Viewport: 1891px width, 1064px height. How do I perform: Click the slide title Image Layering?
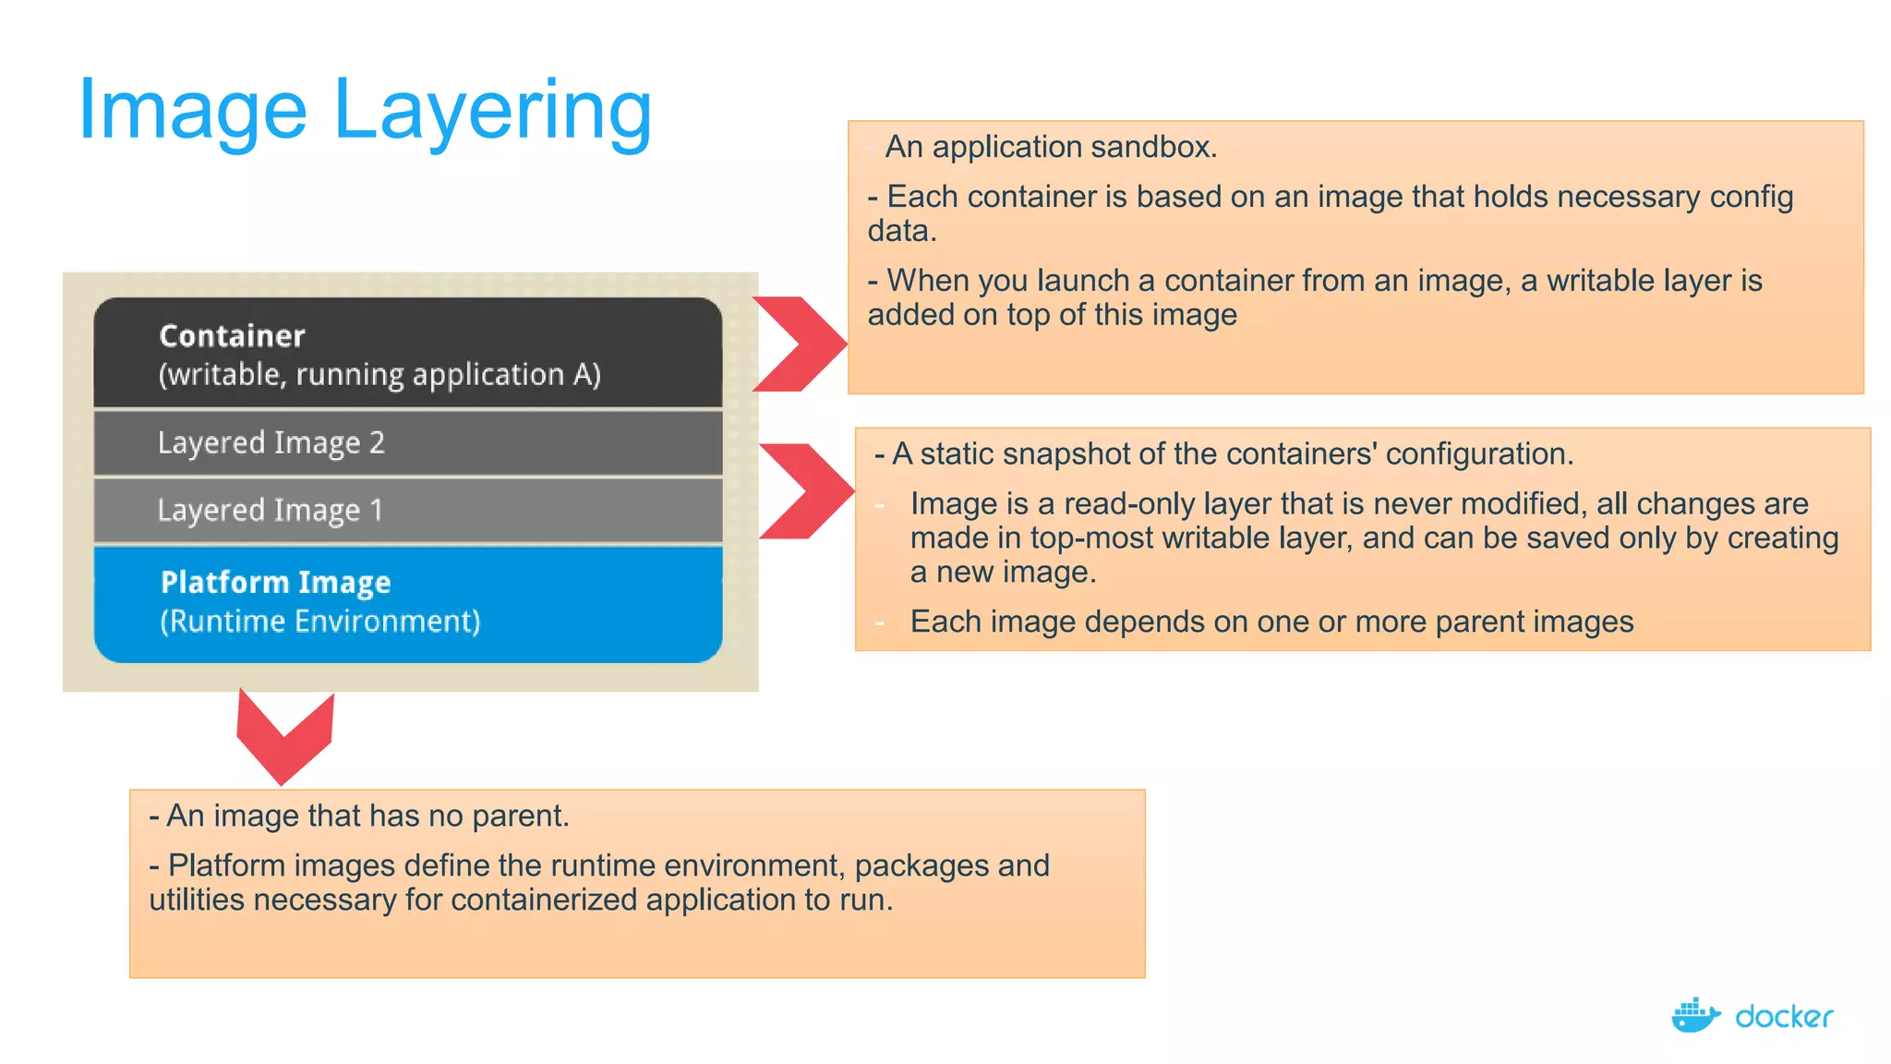point(365,111)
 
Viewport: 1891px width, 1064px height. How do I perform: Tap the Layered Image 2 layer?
point(407,443)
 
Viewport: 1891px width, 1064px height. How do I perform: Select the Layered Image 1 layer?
point(407,510)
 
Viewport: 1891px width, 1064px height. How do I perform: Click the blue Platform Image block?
point(407,603)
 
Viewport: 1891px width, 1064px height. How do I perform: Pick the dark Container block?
point(407,354)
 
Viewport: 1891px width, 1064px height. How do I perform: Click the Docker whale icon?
point(1695,1016)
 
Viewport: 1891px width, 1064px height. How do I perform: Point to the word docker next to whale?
point(1783,1017)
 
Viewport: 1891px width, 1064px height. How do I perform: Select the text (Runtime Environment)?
point(319,622)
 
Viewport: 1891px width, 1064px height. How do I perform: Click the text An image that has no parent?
point(359,816)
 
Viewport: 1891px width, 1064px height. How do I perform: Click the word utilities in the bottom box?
point(197,900)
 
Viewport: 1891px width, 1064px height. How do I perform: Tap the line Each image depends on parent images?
point(1271,622)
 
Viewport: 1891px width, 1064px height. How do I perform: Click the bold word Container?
point(232,336)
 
